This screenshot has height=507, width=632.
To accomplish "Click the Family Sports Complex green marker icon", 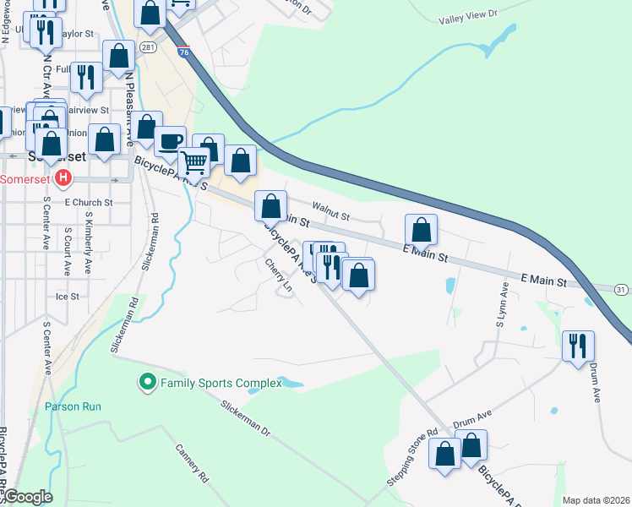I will click(x=148, y=383).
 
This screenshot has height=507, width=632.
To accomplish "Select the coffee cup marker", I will click(x=171, y=140).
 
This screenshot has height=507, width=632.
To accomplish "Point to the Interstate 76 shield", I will click(x=184, y=51).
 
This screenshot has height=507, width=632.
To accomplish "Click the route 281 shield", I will click(x=149, y=46).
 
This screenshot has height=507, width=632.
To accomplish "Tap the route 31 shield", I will click(x=621, y=290).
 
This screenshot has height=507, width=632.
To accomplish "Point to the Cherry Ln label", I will click(x=278, y=276).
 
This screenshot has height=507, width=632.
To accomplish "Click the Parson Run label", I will click(x=74, y=406).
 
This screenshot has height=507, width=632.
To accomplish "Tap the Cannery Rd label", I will click(x=192, y=463).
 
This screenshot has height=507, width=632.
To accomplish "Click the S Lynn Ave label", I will click(x=502, y=306).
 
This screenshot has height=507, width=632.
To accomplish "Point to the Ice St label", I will click(x=67, y=297).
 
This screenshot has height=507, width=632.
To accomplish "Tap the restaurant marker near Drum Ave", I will click(x=579, y=345).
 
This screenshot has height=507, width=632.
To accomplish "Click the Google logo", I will click(x=27, y=497).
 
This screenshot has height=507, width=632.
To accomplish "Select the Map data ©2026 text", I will click(x=595, y=500).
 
